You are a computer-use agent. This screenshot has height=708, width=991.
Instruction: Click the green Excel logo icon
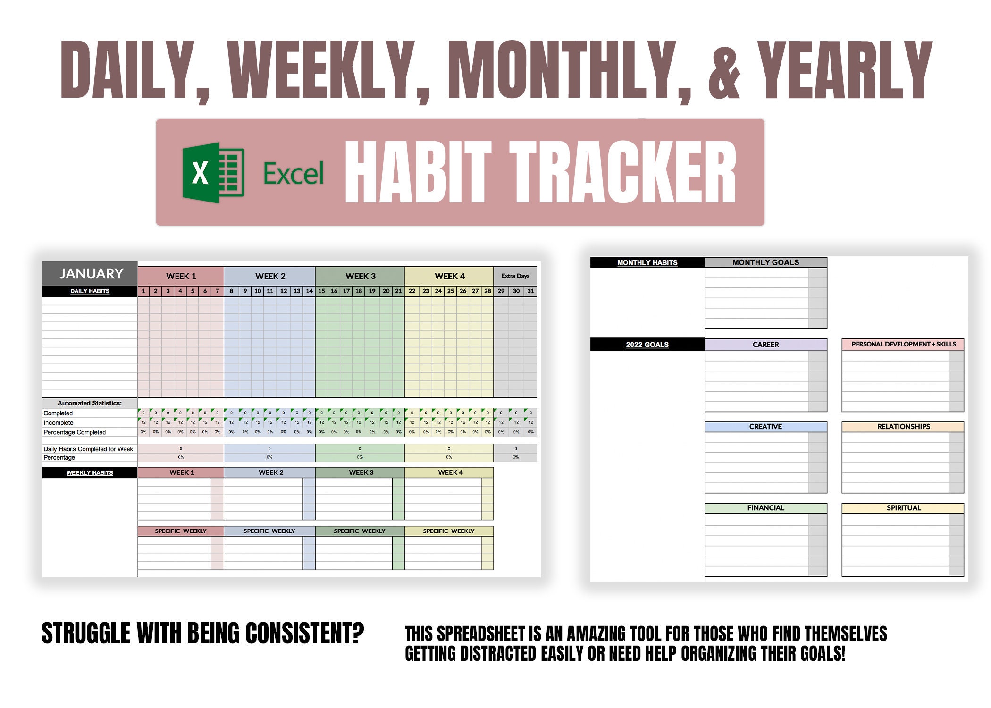click(213, 173)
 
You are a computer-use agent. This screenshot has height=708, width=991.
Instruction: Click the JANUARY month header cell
click(91, 274)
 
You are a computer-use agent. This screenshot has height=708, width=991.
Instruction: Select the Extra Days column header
click(515, 276)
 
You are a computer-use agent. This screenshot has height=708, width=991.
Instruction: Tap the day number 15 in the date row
click(321, 291)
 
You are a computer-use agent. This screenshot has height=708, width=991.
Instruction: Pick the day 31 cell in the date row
click(530, 291)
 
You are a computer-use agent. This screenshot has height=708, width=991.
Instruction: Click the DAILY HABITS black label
click(90, 291)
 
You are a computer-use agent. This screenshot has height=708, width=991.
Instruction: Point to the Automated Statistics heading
click(90, 403)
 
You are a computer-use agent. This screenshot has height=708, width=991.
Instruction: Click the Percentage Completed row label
click(75, 432)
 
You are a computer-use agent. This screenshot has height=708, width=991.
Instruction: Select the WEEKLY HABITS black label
click(90, 472)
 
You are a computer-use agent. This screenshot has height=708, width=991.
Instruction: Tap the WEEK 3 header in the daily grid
click(360, 276)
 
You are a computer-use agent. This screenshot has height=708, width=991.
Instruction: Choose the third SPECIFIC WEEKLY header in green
click(360, 531)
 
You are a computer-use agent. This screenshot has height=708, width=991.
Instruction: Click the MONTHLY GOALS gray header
click(765, 262)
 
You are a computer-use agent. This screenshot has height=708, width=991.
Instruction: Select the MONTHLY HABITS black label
click(647, 262)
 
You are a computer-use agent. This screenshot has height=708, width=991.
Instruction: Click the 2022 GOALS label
click(647, 345)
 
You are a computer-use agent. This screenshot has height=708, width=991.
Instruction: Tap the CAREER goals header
click(765, 345)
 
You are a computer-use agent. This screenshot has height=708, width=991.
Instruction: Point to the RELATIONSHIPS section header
click(903, 427)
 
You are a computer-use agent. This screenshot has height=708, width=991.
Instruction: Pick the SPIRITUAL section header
click(903, 508)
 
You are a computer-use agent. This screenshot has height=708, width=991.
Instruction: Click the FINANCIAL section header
click(765, 508)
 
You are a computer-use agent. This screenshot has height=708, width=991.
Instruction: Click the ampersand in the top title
click(724, 71)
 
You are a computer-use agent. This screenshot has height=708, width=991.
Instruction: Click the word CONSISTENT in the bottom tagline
click(305, 633)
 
